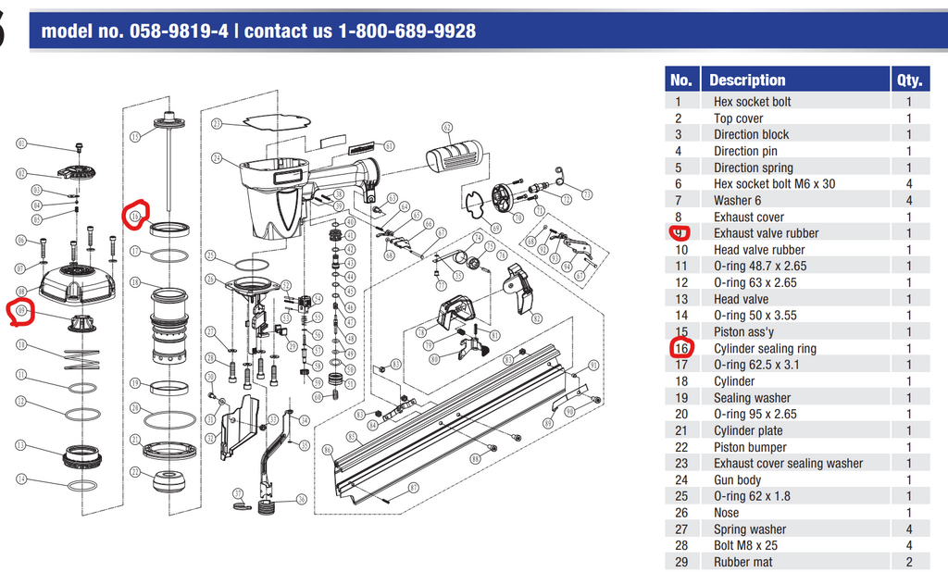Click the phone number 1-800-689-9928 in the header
(x=406, y=31)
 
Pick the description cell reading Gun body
(x=737, y=479)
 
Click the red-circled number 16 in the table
(x=681, y=348)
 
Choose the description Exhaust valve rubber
(x=766, y=233)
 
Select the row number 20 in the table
(x=681, y=414)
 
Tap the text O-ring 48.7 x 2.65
(x=759, y=266)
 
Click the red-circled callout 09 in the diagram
(x=23, y=312)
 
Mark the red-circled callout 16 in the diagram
(x=135, y=216)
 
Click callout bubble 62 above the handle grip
(x=447, y=128)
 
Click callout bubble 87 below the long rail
(x=413, y=487)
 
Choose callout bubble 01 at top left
(x=21, y=143)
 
